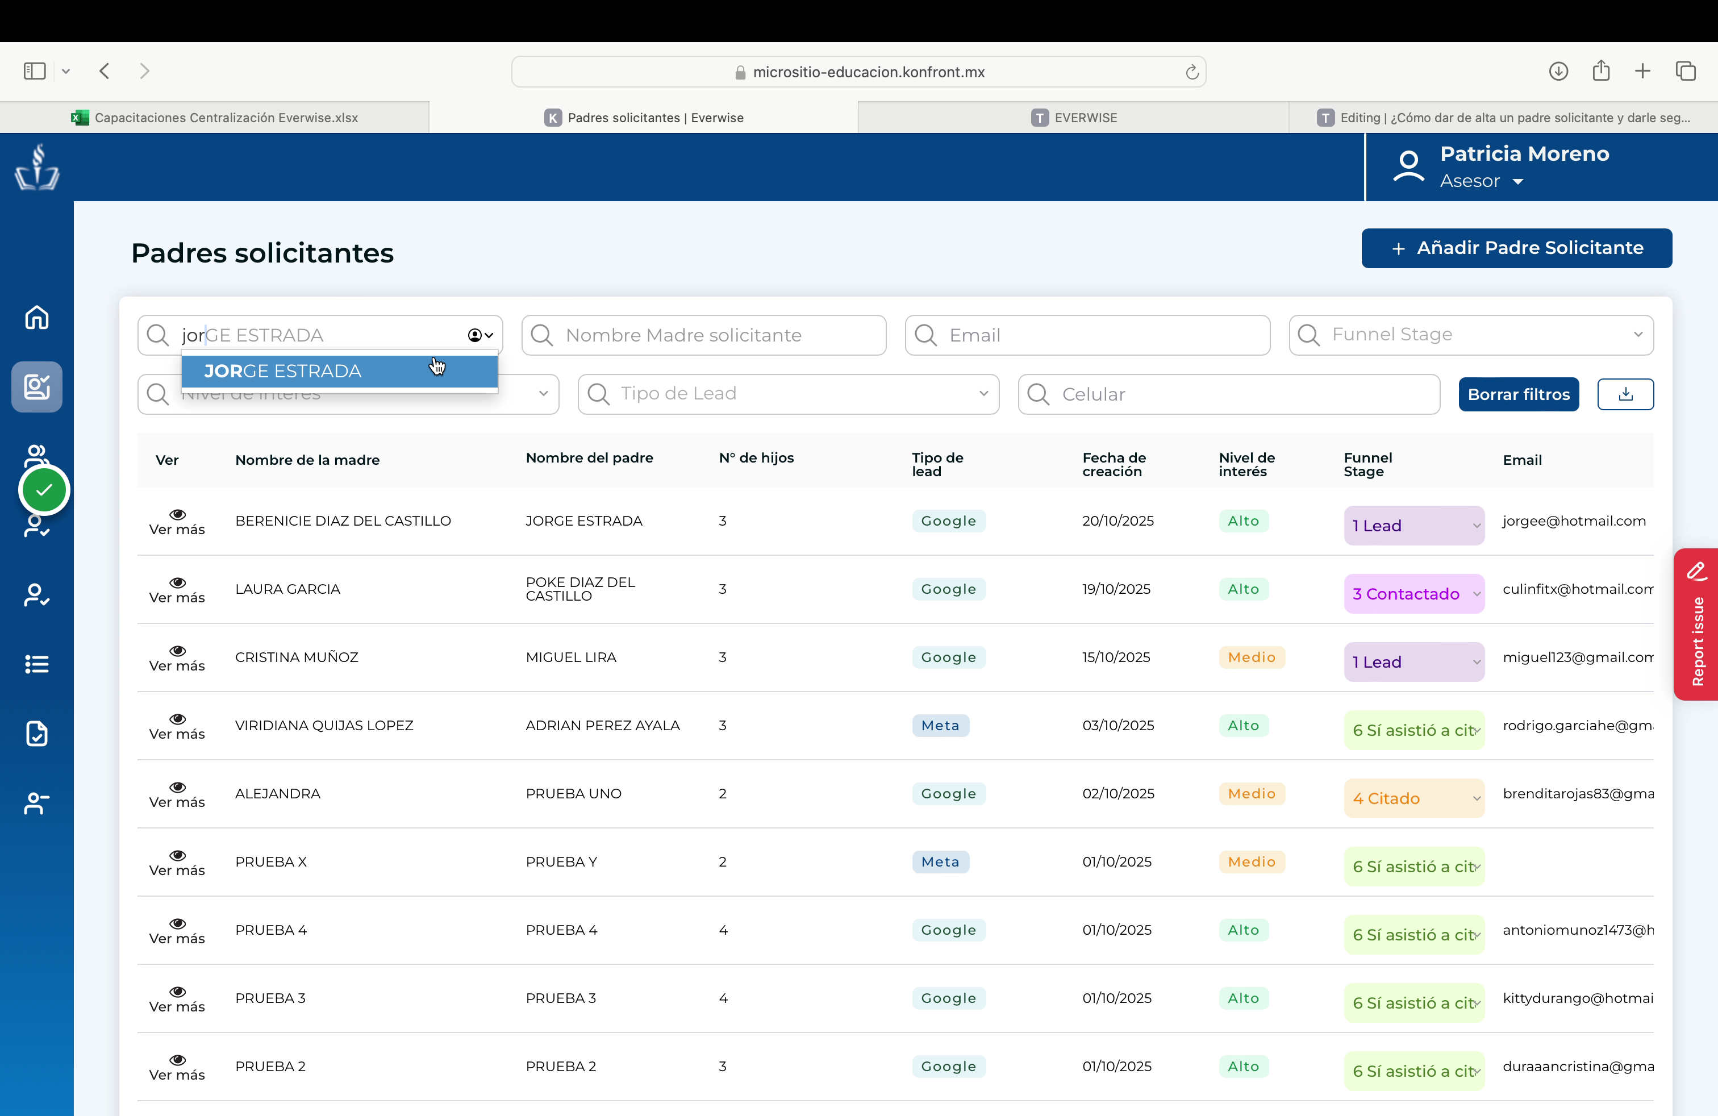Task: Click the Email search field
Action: [x=1087, y=335]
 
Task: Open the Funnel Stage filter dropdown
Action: [x=1471, y=335]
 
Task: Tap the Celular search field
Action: [x=1229, y=394]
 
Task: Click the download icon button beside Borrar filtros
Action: [x=1625, y=394]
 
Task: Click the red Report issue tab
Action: [x=1696, y=624]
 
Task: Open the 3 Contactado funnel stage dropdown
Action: [x=1413, y=593]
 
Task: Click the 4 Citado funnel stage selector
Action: [x=1413, y=798]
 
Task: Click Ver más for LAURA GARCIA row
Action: [x=177, y=590]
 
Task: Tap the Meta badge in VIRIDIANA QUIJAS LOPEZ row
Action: [x=940, y=726]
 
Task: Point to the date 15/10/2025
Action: [x=1116, y=657]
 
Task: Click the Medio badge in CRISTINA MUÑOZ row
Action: [x=1252, y=657]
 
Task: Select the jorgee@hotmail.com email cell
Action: [x=1574, y=521]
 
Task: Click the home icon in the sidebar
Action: [x=37, y=317]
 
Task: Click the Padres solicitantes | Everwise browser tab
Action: [x=644, y=118]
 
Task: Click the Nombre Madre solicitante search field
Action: [x=703, y=335]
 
